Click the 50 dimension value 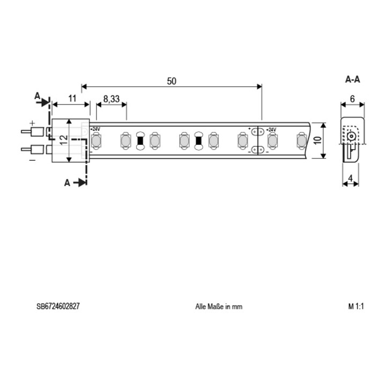[x=172, y=81]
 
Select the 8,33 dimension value [x=112, y=99]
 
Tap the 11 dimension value [x=72, y=98]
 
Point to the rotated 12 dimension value [x=64, y=140]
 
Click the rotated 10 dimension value [x=317, y=140]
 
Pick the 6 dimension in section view [x=352, y=99]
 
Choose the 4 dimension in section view [x=351, y=178]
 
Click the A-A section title [x=353, y=79]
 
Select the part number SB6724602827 [x=58, y=306]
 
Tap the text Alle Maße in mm [x=219, y=307]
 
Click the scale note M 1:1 [x=356, y=306]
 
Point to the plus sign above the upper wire [x=32, y=123]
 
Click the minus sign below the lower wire [x=32, y=160]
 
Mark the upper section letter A [x=37, y=96]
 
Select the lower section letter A [x=67, y=183]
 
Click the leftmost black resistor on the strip [x=140, y=141]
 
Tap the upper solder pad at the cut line [x=257, y=132]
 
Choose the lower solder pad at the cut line [x=257, y=150]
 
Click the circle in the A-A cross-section [x=351, y=136]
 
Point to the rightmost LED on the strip [x=301, y=141]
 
